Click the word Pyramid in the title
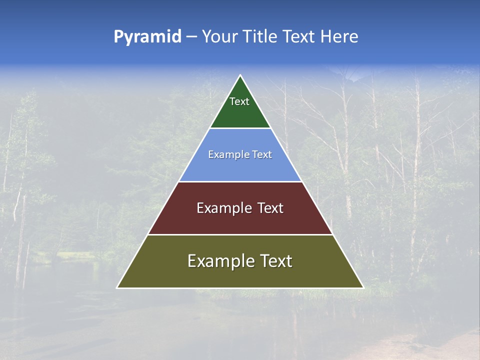147,36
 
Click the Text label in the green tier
239,101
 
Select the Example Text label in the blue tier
240,154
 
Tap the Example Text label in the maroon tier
240,208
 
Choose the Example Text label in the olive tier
240,261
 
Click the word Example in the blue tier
226,154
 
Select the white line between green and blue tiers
240,128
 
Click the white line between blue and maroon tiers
240,181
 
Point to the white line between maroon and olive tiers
240,234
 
